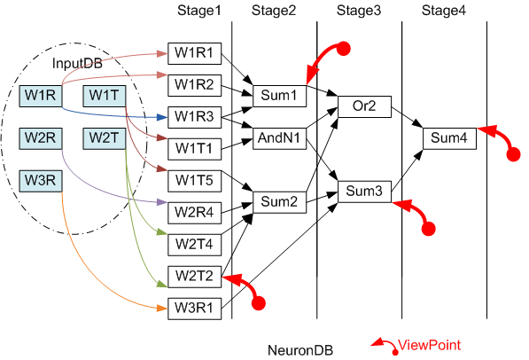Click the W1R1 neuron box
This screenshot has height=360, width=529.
point(195,53)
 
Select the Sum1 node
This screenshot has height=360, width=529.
point(280,96)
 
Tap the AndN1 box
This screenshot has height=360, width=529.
point(280,138)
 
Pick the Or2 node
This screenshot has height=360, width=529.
point(365,106)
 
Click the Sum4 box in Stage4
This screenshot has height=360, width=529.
point(450,138)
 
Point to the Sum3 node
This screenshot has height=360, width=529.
point(365,192)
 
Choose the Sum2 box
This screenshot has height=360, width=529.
point(280,202)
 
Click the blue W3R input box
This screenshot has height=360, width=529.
point(41,181)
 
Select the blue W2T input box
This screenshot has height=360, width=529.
point(105,138)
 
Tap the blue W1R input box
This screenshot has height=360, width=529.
point(41,96)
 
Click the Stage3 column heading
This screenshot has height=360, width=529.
point(359,11)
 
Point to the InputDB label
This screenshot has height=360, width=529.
point(77,64)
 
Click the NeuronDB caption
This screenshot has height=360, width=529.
point(300,350)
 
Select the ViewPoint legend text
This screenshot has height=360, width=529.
point(429,345)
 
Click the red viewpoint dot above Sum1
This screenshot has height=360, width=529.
point(344,49)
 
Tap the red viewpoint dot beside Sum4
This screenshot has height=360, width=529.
point(514,155)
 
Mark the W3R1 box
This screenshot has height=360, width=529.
point(195,309)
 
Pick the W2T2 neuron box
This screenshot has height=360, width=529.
point(195,277)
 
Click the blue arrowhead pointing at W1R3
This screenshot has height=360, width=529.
point(163,118)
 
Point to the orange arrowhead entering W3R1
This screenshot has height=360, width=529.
point(163,309)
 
